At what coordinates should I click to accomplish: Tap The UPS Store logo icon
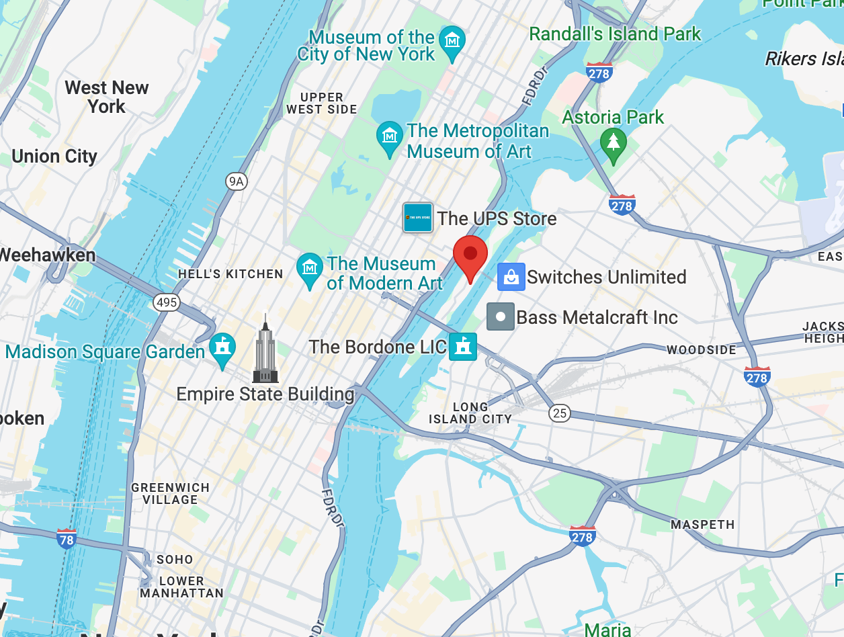coord(417,218)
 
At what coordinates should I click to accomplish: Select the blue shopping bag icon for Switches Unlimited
coord(511,277)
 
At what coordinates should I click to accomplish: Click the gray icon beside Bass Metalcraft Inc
coord(501,316)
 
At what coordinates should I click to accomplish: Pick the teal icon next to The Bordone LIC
coord(463,347)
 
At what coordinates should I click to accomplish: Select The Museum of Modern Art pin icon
coord(310,268)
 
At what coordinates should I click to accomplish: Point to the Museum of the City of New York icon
coord(452,41)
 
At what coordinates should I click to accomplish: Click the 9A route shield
coord(235,181)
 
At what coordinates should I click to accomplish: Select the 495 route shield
coord(166,302)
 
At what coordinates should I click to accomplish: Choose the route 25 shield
coord(560,413)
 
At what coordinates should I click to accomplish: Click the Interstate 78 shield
coord(66,539)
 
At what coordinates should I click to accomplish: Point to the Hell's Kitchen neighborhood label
coord(230,273)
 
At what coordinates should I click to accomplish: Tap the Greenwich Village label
coord(170,494)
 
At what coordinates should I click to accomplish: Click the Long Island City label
coord(470,413)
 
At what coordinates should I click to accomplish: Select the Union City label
coord(54,157)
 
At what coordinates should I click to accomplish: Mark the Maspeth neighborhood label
coord(702,524)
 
